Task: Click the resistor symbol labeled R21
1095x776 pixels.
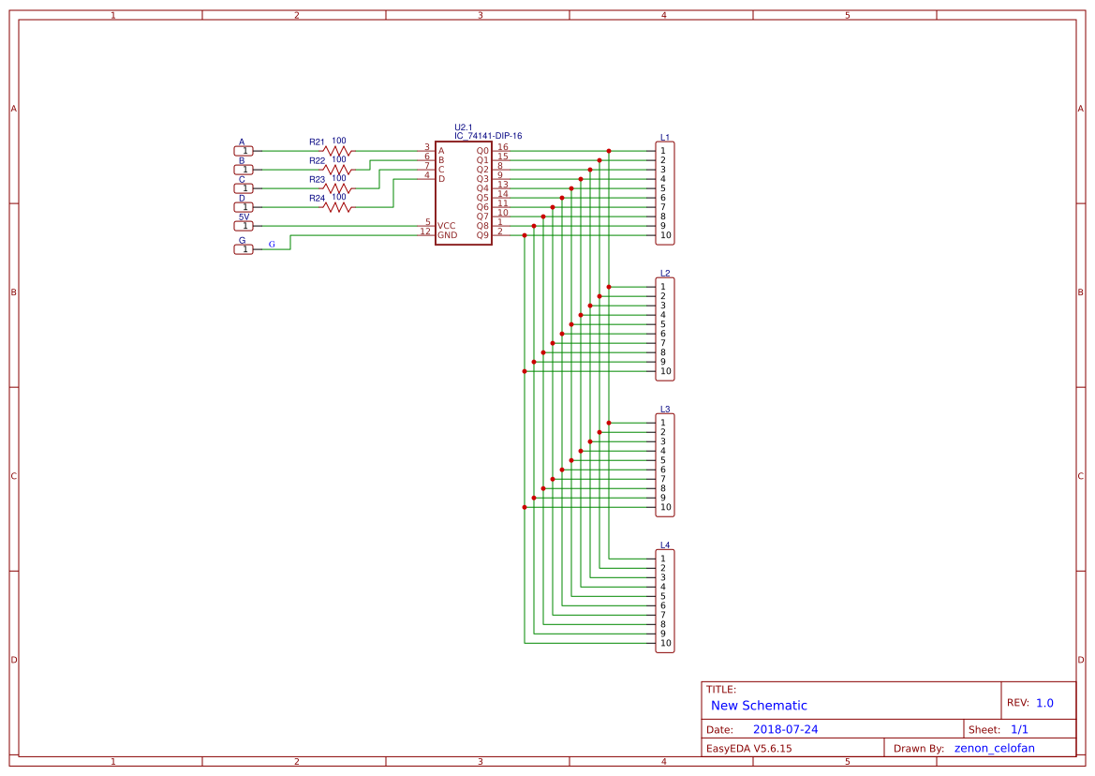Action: click(x=337, y=150)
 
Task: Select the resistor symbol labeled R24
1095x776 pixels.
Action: click(x=337, y=206)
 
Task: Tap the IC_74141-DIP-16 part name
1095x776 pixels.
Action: click(x=488, y=136)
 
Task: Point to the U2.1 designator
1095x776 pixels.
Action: click(x=464, y=127)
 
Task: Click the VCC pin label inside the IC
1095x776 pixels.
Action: click(x=447, y=226)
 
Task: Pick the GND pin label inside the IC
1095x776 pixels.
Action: click(x=448, y=235)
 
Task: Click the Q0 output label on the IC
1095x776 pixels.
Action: click(x=482, y=151)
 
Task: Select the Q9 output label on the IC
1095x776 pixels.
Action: click(x=482, y=235)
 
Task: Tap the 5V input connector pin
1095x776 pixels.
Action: click(x=244, y=226)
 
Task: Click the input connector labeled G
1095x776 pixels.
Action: click(x=244, y=249)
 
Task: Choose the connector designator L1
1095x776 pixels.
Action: click(x=665, y=137)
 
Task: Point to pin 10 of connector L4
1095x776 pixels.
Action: click(x=665, y=644)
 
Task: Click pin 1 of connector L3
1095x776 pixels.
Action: click(x=663, y=423)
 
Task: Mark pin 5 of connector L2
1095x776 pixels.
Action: click(x=663, y=324)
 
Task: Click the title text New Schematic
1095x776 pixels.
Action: click(x=759, y=706)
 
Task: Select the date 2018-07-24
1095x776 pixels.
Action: click(x=785, y=729)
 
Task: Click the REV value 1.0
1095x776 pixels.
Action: click(x=1044, y=703)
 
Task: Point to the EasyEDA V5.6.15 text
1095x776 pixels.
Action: click(x=748, y=748)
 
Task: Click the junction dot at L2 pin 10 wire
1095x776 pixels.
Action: click(x=525, y=371)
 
